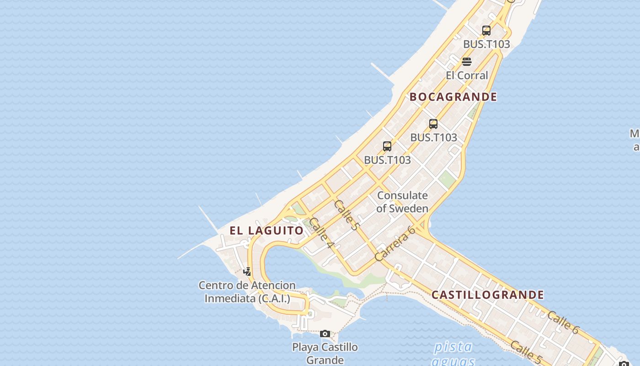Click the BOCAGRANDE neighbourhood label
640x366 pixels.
453,97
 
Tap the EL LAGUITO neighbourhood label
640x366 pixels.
267,231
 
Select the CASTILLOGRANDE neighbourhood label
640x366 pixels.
488,295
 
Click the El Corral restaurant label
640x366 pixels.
467,75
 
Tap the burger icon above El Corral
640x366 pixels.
467,62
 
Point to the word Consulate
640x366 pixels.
402,196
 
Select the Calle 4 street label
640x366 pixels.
322,234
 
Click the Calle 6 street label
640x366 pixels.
563,322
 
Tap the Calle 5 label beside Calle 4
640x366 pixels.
347,215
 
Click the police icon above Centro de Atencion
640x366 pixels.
247,272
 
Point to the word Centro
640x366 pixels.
215,285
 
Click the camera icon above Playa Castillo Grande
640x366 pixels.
325,334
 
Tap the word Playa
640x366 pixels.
304,347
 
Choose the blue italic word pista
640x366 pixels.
453,347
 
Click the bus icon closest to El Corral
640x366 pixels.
486,31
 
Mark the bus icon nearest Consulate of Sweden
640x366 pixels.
387,146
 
